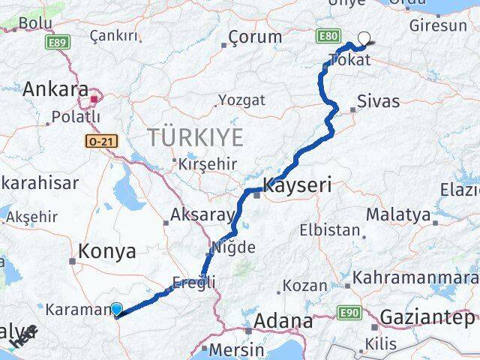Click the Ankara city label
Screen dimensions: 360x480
point(55,90)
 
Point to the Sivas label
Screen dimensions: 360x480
point(379,101)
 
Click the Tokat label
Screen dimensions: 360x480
point(350,60)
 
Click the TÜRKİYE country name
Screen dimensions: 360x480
point(196,138)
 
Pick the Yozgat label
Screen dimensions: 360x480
point(241,100)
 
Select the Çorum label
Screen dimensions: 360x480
point(255,37)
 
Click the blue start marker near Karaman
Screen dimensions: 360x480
point(116,308)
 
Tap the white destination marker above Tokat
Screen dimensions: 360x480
point(365,38)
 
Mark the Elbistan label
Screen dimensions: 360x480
point(330,229)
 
